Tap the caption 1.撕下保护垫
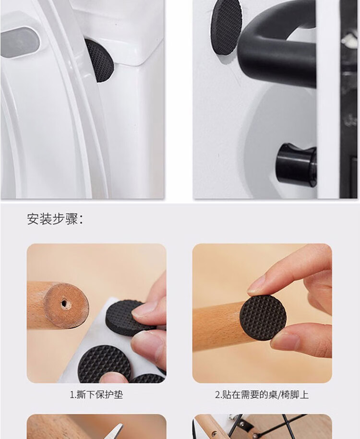pos(96,395)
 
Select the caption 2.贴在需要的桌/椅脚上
pos(262,395)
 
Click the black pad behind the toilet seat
pos(100,60)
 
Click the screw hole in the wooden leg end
pos(64,304)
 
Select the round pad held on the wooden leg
pos(263,318)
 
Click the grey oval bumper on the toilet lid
pos(20,43)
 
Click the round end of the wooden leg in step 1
pos(67,306)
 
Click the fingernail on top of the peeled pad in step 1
pos(144,310)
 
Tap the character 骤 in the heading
pos(72,219)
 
